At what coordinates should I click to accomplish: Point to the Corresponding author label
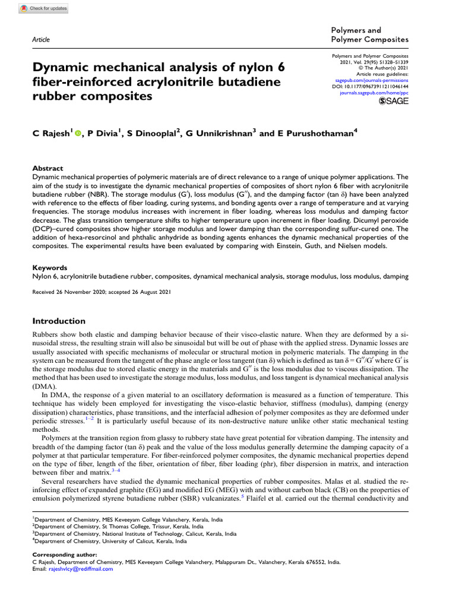(x=61, y=555)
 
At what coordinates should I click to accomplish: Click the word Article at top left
(x=40, y=39)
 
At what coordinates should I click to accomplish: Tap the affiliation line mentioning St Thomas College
(x=119, y=526)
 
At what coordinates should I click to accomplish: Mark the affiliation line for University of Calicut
(x=110, y=541)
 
